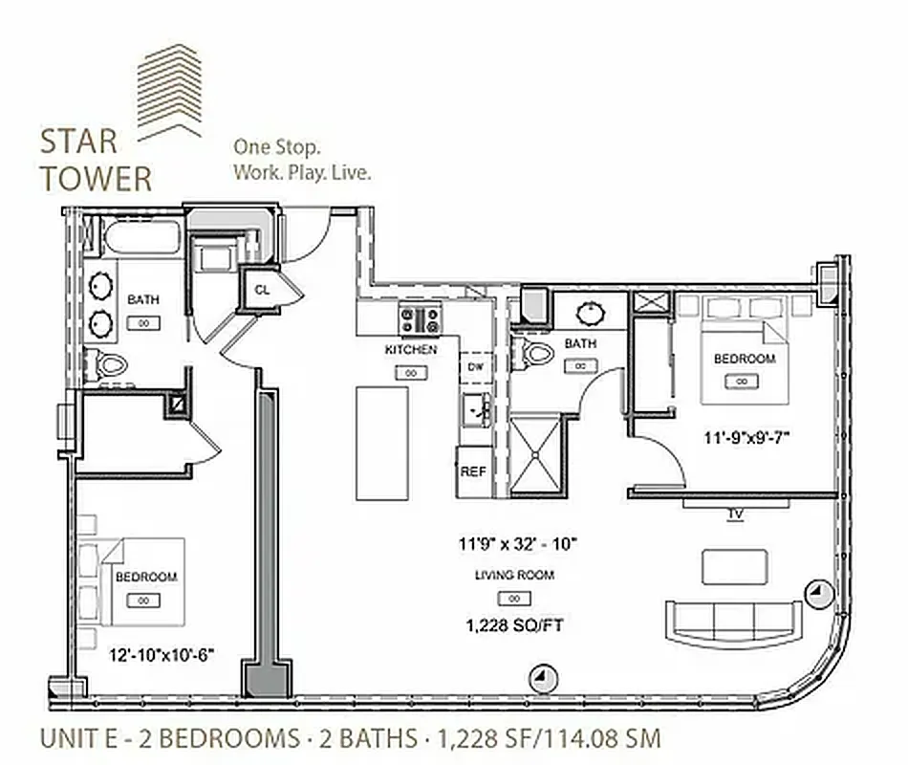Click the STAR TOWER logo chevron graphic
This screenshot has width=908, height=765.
170,92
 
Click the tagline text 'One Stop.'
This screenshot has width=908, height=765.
277,148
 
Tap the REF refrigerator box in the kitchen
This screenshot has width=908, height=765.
473,471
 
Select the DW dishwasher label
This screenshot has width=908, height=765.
475,366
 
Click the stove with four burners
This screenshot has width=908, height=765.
420,319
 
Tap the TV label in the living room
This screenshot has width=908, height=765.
735,514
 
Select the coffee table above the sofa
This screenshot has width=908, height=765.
734,566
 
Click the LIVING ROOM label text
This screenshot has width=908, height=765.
514,575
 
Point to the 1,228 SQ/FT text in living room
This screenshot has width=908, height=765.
514,625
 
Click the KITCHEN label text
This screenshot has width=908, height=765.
411,350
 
